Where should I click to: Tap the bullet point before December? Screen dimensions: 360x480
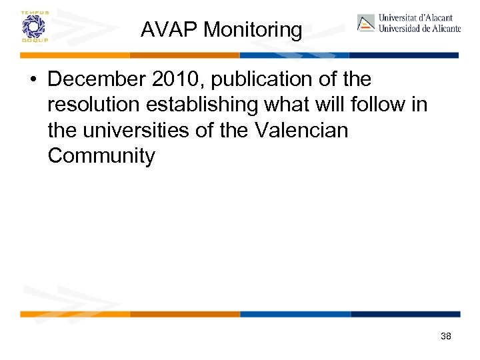(x=33, y=79)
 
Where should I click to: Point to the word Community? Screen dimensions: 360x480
(x=101, y=156)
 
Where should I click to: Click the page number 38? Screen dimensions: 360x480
(x=446, y=337)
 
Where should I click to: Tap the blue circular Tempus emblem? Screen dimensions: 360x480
(x=33, y=27)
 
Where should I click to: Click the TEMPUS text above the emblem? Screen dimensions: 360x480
(x=33, y=13)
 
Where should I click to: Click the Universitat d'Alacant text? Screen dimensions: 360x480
(x=415, y=18)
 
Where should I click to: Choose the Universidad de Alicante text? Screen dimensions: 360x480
(x=419, y=29)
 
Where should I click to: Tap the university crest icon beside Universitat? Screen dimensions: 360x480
(x=366, y=23)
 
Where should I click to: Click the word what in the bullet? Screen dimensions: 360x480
(x=273, y=105)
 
